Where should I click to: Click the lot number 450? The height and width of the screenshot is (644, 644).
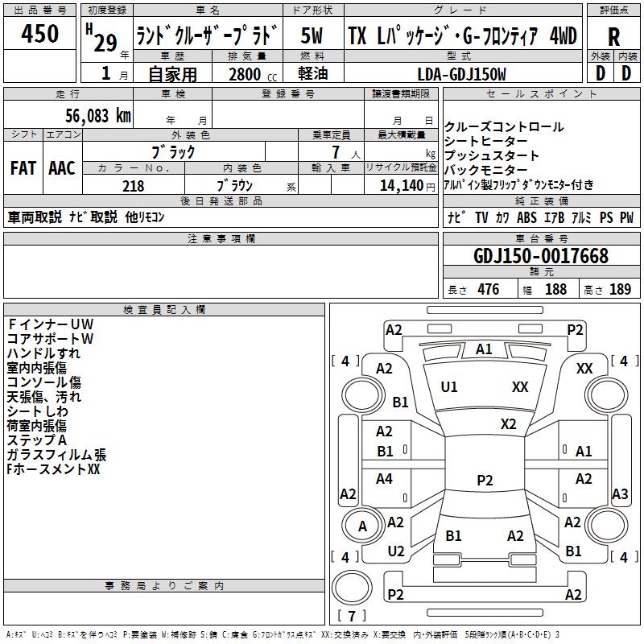(x=40, y=35)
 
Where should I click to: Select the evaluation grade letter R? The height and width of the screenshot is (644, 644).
(x=613, y=37)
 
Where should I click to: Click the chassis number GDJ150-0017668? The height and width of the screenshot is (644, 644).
(x=541, y=257)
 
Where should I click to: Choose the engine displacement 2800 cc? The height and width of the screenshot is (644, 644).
(x=245, y=75)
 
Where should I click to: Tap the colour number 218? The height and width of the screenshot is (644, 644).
(x=133, y=186)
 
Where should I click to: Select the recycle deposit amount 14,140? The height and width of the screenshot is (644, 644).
(x=400, y=186)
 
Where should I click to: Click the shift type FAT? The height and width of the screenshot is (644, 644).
(x=23, y=168)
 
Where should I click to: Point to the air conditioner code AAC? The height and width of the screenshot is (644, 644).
(x=62, y=168)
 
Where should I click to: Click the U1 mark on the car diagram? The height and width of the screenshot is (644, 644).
(x=449, y=387)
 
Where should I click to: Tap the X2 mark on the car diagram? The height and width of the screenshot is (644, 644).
(x=508, y=423)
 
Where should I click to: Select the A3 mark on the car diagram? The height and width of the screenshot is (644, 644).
(x=620, y=494)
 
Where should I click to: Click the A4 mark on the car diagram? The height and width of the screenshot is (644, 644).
(x=384, y=479)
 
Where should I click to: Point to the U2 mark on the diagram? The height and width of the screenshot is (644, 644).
(x=395, y=551)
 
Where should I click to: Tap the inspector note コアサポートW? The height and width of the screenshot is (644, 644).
(x=51, y=339)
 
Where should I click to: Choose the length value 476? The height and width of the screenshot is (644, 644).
(x=489, y=289)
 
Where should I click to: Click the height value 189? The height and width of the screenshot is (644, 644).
(x=620, y=289)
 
